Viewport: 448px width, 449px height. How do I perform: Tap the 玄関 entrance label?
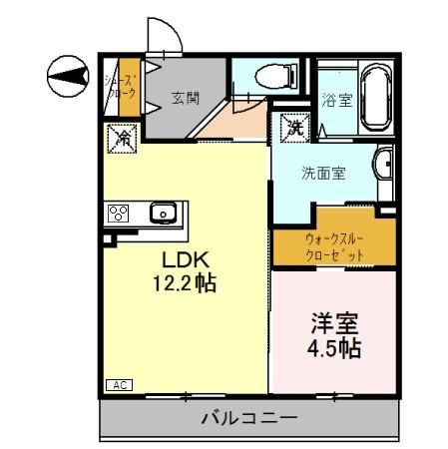tap(184, 98)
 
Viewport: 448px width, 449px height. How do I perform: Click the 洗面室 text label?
tap(323, 173)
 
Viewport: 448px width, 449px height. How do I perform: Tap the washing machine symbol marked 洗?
tap(293, 128)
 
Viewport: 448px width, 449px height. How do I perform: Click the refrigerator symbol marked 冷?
tap(122, 137)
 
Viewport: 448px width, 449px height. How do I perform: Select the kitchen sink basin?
tap(162, 212)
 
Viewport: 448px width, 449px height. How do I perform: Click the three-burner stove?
tap(119, 212)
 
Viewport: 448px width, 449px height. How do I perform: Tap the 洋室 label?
tap(335, 325)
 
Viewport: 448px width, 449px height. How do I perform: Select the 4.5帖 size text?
tap(335, 350)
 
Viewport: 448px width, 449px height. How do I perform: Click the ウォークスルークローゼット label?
tap(334, 245)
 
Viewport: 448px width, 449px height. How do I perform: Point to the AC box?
tap(118, 384)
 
